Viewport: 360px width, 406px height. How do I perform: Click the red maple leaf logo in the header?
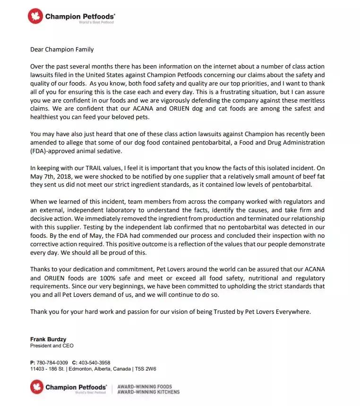pyautogui.click(x=36, y=17)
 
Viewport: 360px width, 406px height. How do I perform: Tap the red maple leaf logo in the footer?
pyautogui.click(x=37, y=387)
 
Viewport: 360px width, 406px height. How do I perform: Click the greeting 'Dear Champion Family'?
pyautogui.click(x=62, y=49)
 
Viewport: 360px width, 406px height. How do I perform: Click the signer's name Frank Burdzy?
pyautogui.click(x=48, y=339)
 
